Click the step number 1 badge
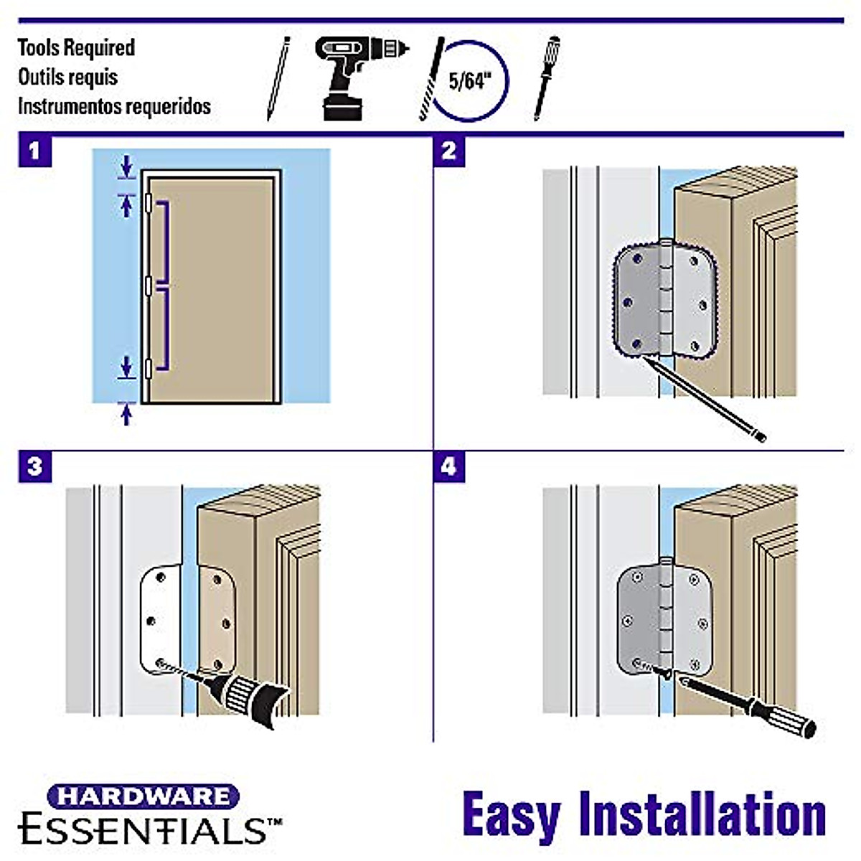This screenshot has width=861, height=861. pyautogui.click(x=34, y=151)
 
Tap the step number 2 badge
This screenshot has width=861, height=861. pyautogui.click(x=449, y=151)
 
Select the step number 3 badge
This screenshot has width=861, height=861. pyautogui.click(x=34, y=467)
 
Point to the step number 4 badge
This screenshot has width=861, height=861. pyautogui.click(x=449, y=467)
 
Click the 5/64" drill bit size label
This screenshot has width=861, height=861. pyautogui.click(x=471, y=80)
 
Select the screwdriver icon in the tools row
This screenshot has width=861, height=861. pyautogui.click(x=547, y=77)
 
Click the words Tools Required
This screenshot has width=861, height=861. pyautogui.click(x=76, y=48)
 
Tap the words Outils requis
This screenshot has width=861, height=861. pyautogui.click(x=67, y=77)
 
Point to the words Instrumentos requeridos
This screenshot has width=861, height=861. pyautogui.click(x=114, y=106)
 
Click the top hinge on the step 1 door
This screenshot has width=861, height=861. pyautogui.click(x=148, y=203)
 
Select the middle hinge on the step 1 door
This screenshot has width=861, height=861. pyautogui.click(x=148, y=286)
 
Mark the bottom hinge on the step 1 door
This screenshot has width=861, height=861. pyautogui.click(x=148, y=368)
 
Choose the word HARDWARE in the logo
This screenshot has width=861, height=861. pyautogui.click(x=143, y=796)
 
